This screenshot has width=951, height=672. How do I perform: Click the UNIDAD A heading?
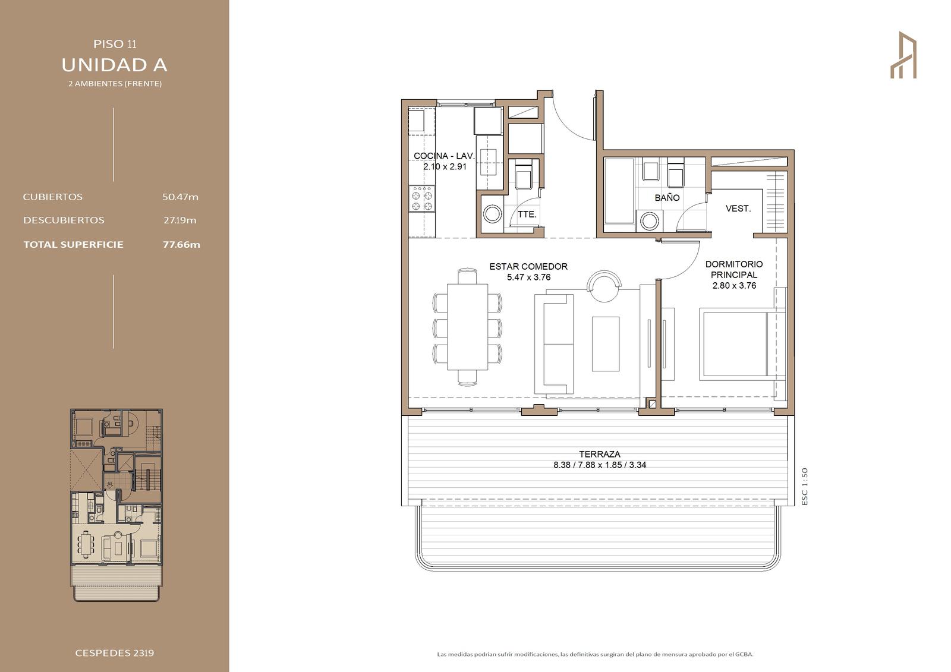coord(115,65)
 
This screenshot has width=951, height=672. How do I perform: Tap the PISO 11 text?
coord(115,44)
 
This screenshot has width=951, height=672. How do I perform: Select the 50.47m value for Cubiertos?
coord(181,197)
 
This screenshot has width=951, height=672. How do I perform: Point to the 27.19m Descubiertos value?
coord(180,220)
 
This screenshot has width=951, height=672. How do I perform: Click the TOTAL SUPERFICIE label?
coord(74,245)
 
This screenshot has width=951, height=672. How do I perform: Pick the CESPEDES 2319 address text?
coord(115,653)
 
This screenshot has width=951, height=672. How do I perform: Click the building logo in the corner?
coord(903,55)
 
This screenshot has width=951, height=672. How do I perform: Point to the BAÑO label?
coord(667,198)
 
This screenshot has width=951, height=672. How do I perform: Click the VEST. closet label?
coord(738,209)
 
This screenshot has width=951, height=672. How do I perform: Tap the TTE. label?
coord(527,214)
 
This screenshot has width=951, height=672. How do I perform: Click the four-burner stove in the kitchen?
coord(422,198)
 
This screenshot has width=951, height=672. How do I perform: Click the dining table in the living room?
coord(467,327)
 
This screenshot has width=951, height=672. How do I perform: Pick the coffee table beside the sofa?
coord(606,344)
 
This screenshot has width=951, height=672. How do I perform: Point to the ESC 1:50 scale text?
coord(805,487)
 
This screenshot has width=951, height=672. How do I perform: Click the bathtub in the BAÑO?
coord(619,191)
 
